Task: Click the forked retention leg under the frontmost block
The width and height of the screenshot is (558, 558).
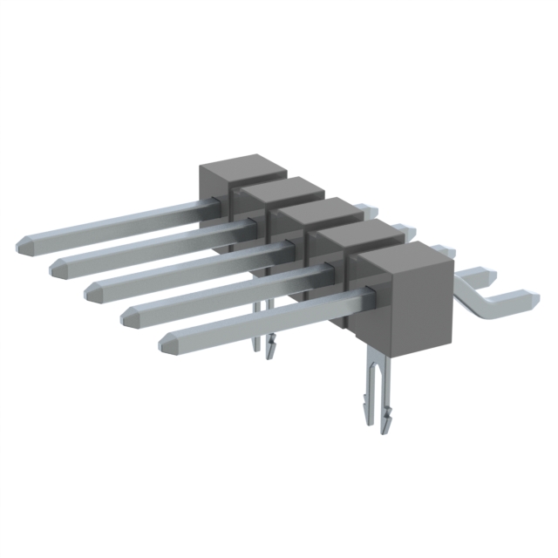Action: coord(376,384)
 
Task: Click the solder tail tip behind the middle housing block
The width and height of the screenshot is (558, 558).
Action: coord(371,209)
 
